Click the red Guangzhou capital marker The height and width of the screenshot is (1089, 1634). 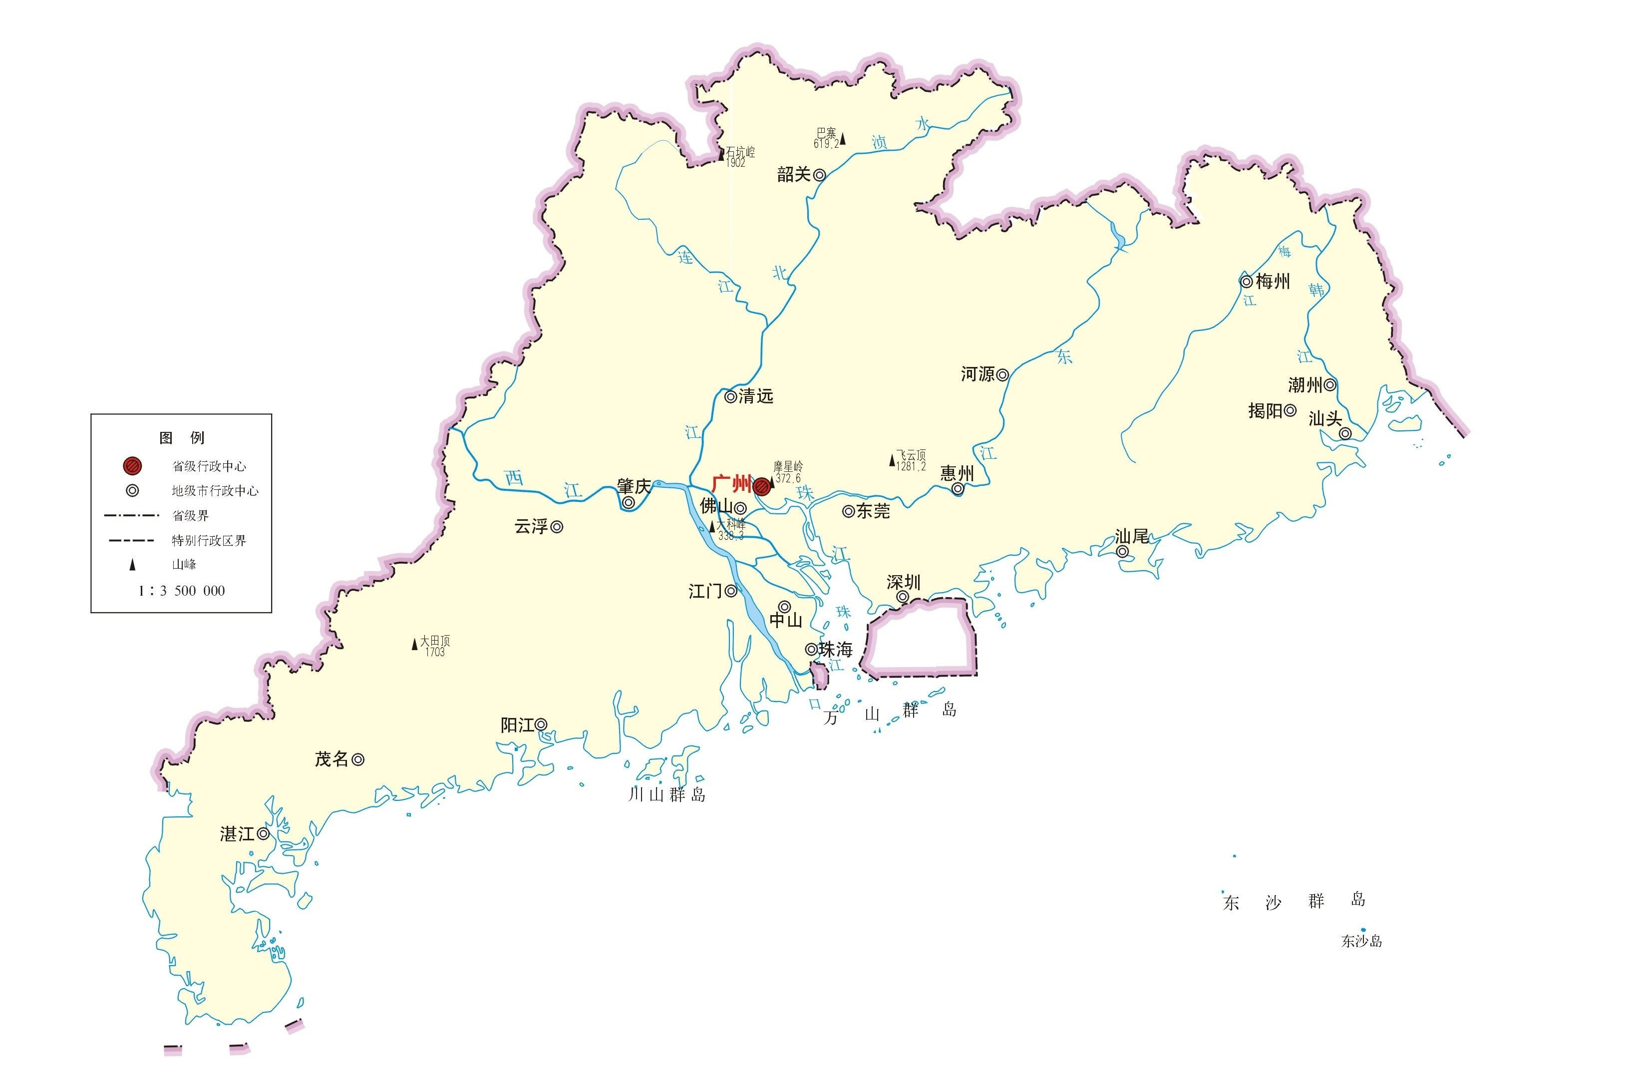coord(762,485)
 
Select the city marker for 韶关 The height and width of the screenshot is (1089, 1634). coord(819,175)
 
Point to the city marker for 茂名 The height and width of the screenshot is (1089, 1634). coord(357,760)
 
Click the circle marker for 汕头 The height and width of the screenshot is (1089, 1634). coord(1345,433)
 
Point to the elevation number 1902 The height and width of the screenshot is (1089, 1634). coord(735,162)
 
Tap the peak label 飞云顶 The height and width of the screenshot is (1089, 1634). coord(911,455)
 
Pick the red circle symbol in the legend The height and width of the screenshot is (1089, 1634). coord(132,465)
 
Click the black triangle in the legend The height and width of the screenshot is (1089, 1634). coord(132,565)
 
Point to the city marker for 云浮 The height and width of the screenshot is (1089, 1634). coord(557,527)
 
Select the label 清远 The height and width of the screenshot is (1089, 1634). coord(755,396)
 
